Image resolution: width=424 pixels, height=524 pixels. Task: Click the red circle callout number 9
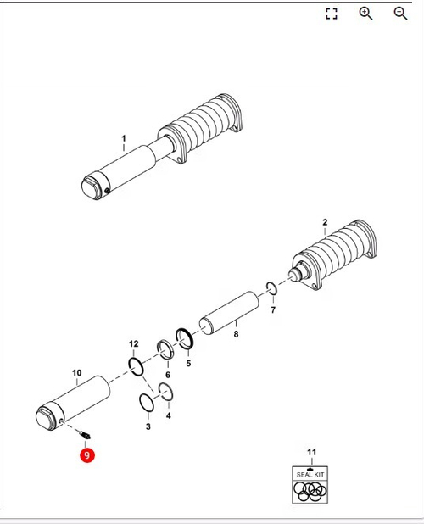tap(87, 455)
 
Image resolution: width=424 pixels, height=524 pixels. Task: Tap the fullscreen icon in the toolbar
tap(331, 14)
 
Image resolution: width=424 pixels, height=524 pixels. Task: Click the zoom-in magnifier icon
tap(365, 14)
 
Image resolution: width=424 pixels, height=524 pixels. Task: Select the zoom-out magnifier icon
tap(400, 14)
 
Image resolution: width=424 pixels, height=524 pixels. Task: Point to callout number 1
tap(124, 138)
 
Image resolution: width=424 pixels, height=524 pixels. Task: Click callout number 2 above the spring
tap(325, 222)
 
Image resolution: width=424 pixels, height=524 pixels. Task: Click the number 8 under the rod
tap(236, 334)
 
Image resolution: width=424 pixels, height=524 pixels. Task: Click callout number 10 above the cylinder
tap(77, 372)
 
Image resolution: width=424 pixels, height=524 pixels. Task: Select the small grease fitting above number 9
tap(85, 435)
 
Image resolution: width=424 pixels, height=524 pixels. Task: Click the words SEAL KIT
tap(310, 475)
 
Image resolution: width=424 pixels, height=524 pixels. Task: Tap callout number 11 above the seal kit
tap(311, 452)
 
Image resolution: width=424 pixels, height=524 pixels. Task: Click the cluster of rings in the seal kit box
tap(310, 492)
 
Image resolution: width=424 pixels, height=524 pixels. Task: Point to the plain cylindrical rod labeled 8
tap(229, 313)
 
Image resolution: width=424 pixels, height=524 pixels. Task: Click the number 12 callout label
tap(134, 343)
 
